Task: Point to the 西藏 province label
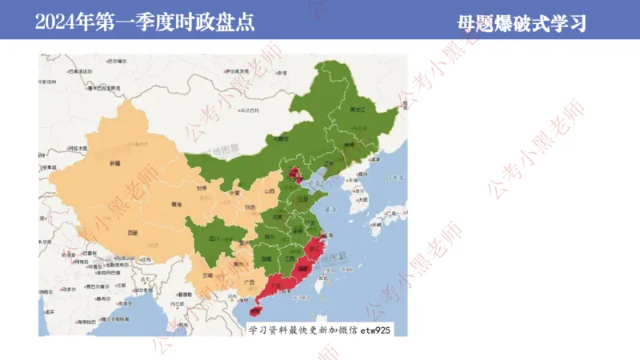click(132, 232)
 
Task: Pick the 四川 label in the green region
click(214, 238)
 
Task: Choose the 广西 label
click(250, 282)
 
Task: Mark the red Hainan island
click(257, 306)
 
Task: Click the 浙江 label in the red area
click(318, 249)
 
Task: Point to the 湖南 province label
click(266, 258)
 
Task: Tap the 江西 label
click(290, 258)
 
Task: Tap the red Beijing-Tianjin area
click(295, 175)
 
